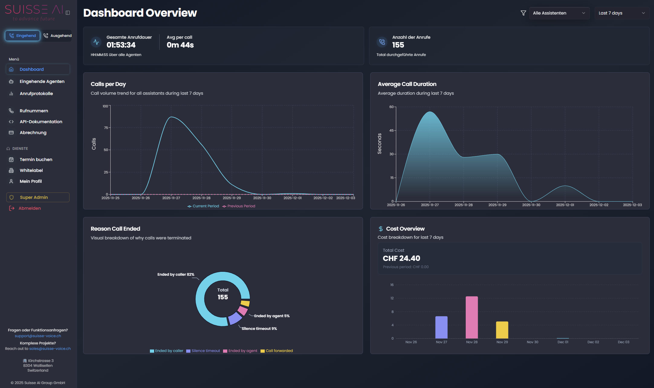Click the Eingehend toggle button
23,36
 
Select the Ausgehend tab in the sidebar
57,36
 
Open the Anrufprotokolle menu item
36,94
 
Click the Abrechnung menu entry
33,133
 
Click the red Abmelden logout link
29,208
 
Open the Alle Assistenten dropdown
559,13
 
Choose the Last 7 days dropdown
622,13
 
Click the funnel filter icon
523,13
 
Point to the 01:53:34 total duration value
121,45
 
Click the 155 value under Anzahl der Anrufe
398,45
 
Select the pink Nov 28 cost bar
471,317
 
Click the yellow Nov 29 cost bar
502,330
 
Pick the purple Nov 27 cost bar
441,327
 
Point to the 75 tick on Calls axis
106,128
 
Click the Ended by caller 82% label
176,275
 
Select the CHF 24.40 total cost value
401,258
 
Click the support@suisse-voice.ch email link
38,336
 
